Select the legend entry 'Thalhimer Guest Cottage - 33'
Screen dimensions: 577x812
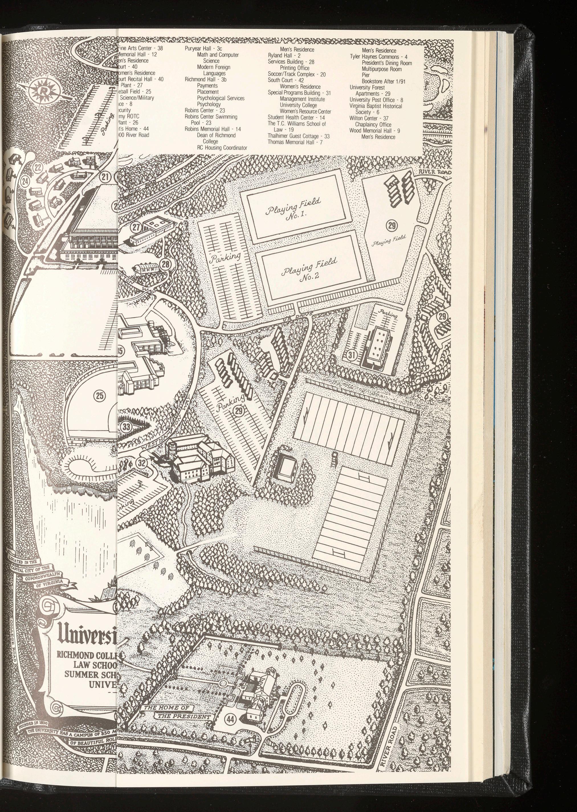[298, 136]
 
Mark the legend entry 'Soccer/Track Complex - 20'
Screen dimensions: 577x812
[297, 74]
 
